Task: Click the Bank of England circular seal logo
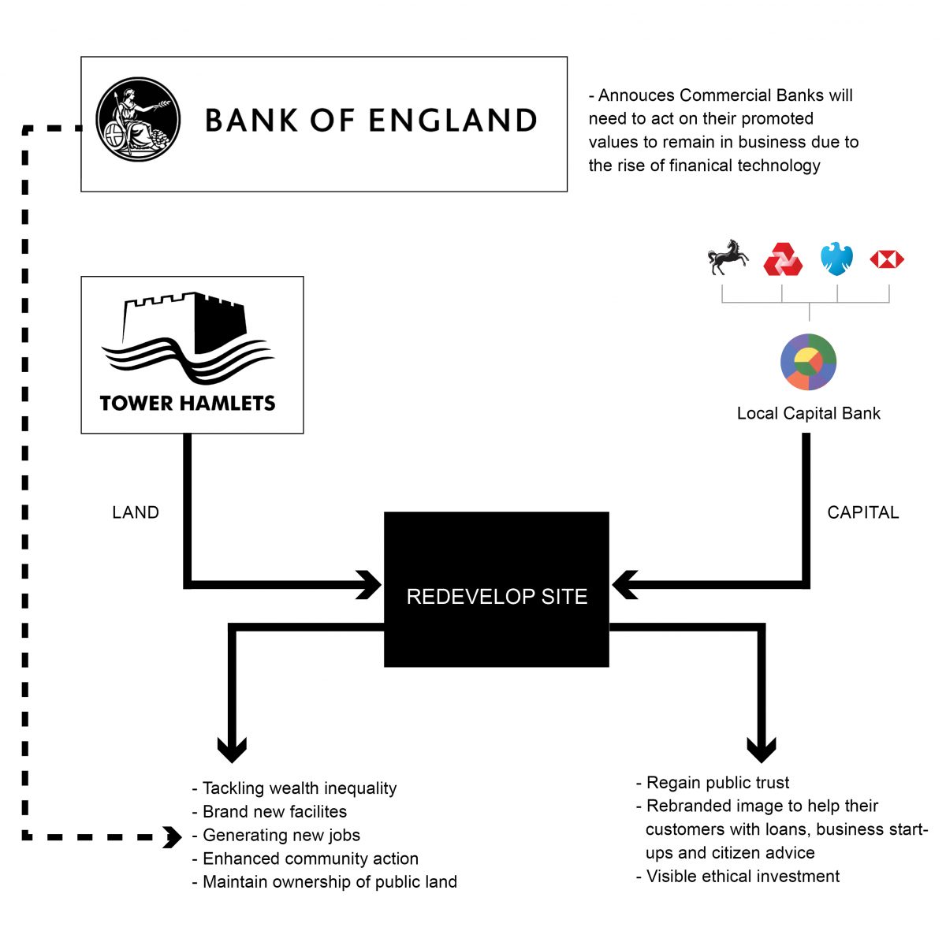click(x=138, y=120)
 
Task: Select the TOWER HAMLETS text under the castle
click(x=188, y=404)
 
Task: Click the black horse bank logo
click(x=727, y=257)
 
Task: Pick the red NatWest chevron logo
click(x=783, y=259)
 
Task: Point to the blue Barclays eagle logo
click(x=836, y=258)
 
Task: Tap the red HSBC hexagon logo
click(x=887, y=259)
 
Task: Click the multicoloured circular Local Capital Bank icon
click(x=808, y=362)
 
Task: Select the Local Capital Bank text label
click(x=808, y=413)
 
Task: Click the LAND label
click(x=136, y=512)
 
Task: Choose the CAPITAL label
click(x=862, y=512)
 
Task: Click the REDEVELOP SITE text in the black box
click(x=497, y=597)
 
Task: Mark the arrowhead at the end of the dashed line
click(x=172, y=836)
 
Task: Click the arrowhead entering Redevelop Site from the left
click(x=370, y=585)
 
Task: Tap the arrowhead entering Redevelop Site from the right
click(x=624, y=585)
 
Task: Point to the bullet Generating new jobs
click(x=281, y=835)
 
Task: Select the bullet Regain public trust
click(x=717, y=782)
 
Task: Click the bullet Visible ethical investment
click(x=742, y=876)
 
